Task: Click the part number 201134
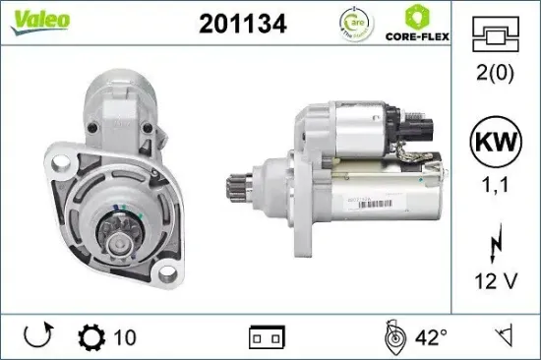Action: (243, 25)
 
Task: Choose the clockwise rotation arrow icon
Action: (37, 337)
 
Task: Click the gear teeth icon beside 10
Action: (90, 337)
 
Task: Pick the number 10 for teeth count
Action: (124, 338)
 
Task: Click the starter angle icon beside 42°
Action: (393, 337)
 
